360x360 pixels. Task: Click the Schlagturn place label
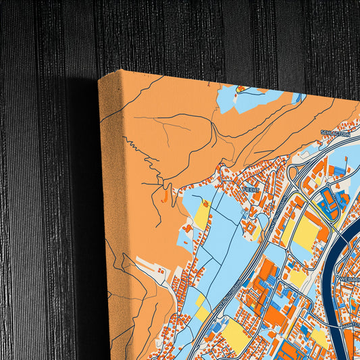coord(336,134)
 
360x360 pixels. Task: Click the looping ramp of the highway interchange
coord(294,174)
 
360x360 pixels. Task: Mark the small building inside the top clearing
coord(242,89)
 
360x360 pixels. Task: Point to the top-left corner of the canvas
coord(99,79)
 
